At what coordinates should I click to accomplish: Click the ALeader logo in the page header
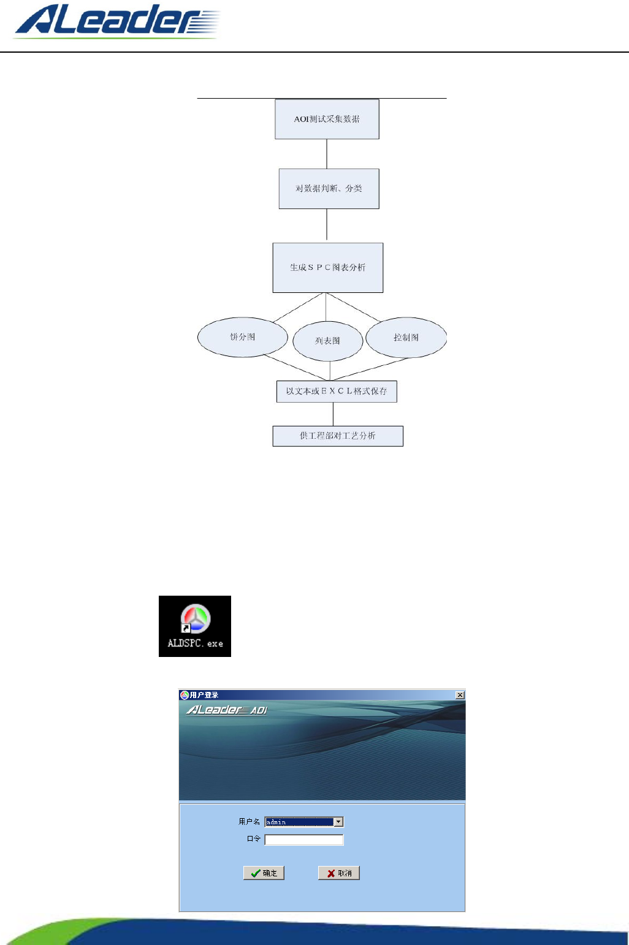point(116,22)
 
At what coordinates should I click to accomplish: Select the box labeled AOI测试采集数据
point(327,119)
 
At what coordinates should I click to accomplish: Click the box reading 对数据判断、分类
point(329,189)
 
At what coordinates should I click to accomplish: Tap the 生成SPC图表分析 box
point(328,268)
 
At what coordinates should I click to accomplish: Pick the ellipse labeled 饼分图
point(243,337)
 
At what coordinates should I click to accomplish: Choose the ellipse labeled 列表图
point(328,341)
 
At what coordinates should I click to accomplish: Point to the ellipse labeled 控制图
point(406,338)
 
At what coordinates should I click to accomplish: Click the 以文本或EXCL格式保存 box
point(337,392)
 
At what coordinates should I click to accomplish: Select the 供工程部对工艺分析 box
point(338,436)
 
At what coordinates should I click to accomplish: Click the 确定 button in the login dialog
point(264,873)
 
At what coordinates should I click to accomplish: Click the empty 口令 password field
point(304,840)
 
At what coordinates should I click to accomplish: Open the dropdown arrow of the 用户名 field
point(338,822)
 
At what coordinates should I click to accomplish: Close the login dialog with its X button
point(460,695)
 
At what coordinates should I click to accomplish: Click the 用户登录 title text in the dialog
point(204,695)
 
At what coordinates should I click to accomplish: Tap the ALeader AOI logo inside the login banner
point(227,710)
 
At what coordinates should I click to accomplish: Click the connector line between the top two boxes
point(327,154)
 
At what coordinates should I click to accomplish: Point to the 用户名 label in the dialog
point(249,822)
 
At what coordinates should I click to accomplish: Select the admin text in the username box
point(276,822)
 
